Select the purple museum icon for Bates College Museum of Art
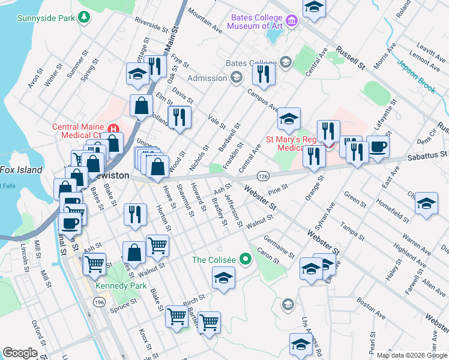tap(292, 21)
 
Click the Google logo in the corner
tap(20, 353)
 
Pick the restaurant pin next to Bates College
tap(263, 73)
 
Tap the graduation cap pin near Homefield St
tap(426, 202)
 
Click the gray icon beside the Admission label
tap(237, 77)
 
